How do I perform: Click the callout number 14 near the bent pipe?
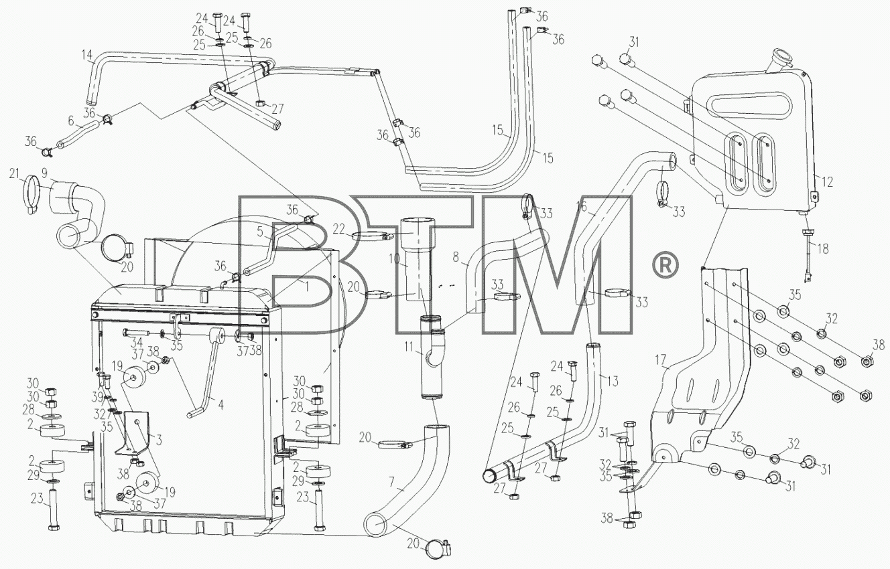coord(88,54)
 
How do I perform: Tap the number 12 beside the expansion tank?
coord(827,181)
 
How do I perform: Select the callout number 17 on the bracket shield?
coord(660,360)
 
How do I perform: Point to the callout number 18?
coord(822,249)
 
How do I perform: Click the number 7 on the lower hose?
coord(391,482)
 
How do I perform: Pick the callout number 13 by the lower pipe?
coord(613,382)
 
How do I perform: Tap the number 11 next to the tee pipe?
coord(409,347)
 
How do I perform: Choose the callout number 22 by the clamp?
coord(339,229)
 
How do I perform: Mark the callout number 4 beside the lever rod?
coord(221,405)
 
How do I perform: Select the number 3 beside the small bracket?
coord(159,440)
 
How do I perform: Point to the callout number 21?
coord(15,173)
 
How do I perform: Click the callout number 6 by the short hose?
coord(71,120)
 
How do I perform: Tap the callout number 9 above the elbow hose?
coord(44,173)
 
